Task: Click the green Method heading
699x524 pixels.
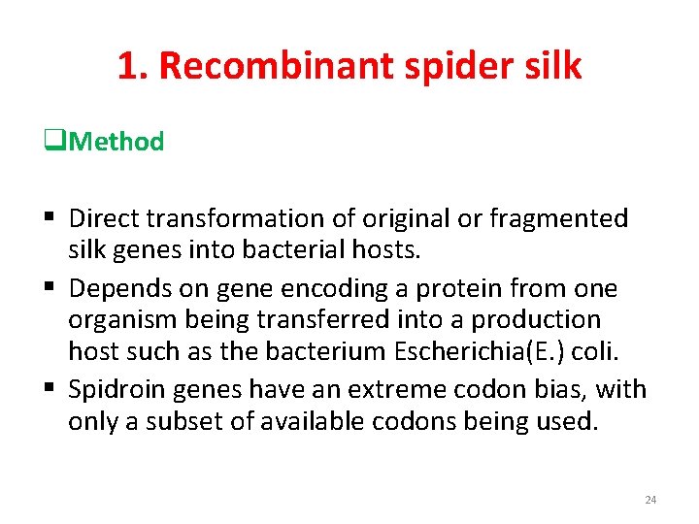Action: (x=117, y=142)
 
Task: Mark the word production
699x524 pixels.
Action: (x=548, y=320)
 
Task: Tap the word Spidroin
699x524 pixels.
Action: (x=116, y=389)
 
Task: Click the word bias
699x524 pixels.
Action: (x=567, y=389)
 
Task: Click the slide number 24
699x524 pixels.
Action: (x=650, y=500)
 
